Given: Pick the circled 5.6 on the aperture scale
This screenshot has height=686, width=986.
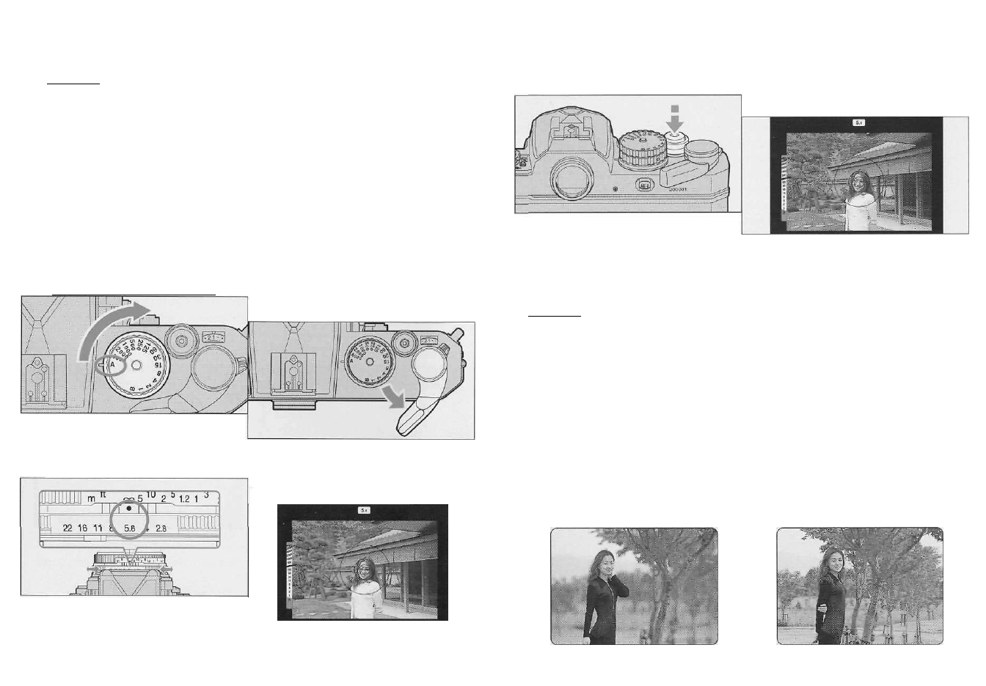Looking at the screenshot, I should (131, 528).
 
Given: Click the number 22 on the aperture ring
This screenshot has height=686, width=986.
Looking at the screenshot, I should (67, 528).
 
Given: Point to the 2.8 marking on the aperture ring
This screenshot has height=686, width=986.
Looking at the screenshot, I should (162, 528).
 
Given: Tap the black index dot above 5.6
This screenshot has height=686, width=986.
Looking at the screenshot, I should (129, 508).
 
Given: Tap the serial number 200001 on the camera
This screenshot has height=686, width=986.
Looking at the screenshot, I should (680, 188).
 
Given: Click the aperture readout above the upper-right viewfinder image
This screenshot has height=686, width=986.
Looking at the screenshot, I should (858, 122).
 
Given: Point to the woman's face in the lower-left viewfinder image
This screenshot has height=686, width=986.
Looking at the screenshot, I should (365, 569).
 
